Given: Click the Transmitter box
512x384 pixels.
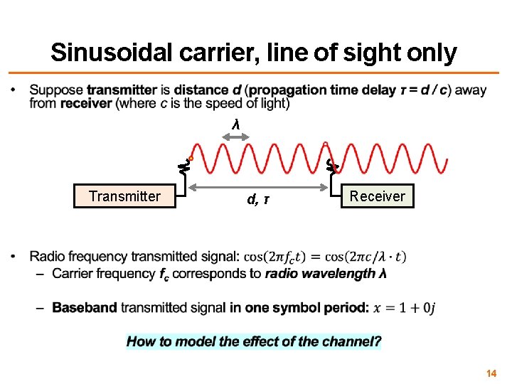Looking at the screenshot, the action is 124,196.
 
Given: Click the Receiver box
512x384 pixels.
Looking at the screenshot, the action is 377,196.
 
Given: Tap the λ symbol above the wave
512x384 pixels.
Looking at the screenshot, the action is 236,125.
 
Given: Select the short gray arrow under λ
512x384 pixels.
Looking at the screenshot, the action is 236,135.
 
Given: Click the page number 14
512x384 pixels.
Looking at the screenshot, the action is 491,373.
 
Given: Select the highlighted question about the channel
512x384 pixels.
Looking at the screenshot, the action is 254,341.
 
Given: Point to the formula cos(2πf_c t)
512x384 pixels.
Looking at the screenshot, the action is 282,257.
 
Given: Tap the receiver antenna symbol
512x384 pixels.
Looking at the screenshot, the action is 331,166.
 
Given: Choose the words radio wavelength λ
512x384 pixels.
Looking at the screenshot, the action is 326,274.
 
